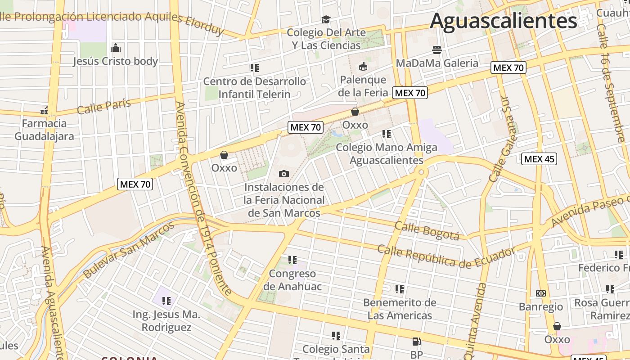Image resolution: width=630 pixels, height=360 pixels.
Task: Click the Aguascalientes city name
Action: tap(503, 21)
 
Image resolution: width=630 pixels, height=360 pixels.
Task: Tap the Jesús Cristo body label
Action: tap(116, 61)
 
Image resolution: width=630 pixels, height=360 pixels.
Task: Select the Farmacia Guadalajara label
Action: tap(44, 130)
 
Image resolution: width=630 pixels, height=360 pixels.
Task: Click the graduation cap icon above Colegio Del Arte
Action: tap(326, 19)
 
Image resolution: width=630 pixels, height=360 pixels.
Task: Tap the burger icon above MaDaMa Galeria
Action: tap(437, 49)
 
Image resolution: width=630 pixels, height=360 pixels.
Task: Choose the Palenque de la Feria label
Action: tap(363, 86)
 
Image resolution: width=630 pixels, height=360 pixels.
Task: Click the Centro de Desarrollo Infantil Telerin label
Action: tap(255, 88)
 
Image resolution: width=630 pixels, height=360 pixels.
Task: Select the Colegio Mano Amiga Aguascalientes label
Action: tap(387, 153)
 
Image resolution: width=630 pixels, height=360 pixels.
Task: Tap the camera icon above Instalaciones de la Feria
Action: tap(284, 174)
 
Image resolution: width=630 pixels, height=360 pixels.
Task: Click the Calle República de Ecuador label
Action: tap(445, 255)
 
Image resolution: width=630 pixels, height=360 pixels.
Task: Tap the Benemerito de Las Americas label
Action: tap(400, 309)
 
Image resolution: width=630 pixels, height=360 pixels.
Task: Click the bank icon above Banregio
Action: tap(541, 293)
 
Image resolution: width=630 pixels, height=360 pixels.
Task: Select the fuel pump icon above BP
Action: tap(417, 342)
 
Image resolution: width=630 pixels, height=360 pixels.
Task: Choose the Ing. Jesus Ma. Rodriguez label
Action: tap(166, 321)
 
